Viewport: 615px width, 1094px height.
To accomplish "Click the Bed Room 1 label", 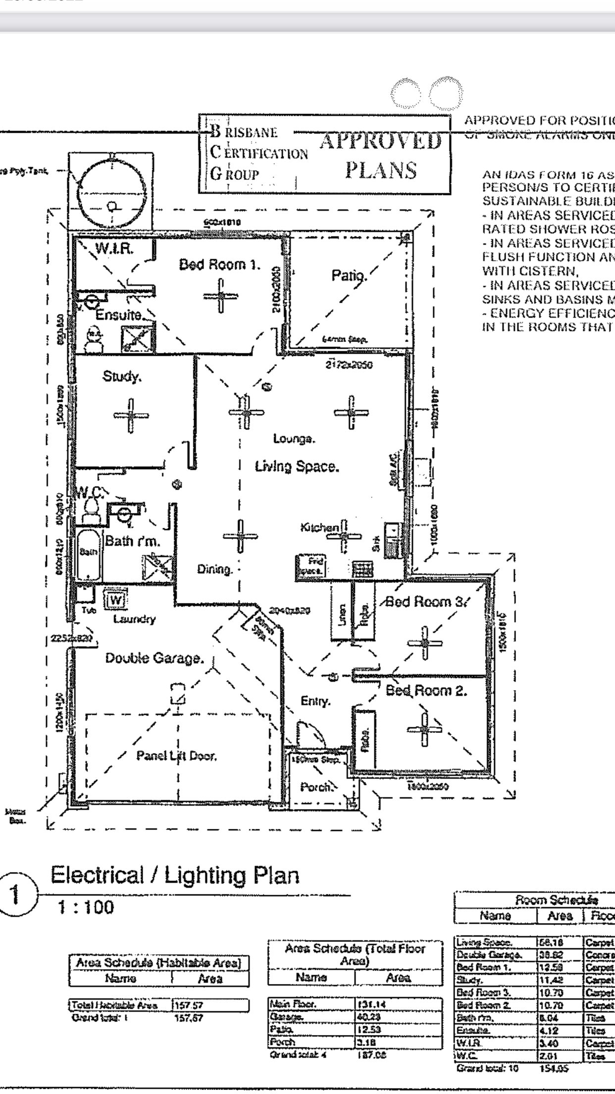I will coord(219,265).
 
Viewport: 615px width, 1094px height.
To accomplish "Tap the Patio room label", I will coord(349,275).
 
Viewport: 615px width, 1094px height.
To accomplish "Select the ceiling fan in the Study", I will coord(131,416).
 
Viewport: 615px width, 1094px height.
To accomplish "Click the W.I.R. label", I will coord(113,249).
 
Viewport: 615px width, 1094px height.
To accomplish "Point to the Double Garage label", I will coord(154,658).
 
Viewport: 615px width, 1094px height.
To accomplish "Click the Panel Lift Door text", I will coord(176,756).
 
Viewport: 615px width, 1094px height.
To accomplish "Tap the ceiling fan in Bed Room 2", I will coord(424,729).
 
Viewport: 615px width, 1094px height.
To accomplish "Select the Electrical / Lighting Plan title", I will coord(175,875).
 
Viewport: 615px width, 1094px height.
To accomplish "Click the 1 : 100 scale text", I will coord(86,908).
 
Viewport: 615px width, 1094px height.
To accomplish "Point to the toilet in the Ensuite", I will coord(93,340).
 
